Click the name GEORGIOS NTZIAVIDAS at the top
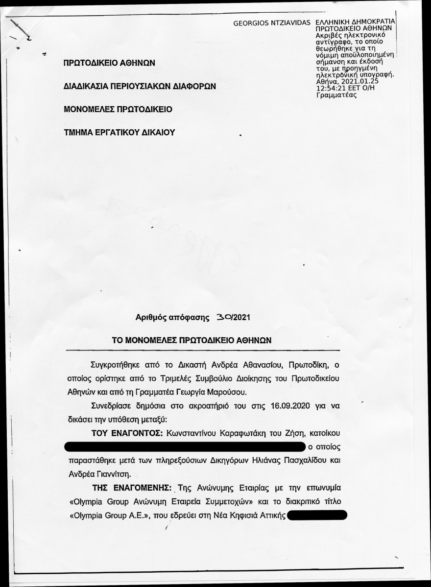(x=273, y=23)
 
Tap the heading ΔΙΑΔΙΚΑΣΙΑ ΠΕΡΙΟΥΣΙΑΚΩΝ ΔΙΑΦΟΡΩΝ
(x=140, y=86)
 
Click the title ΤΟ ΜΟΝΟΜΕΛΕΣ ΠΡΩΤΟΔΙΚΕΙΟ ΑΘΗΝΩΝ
(x=192, y=339)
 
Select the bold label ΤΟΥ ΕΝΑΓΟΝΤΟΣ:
(x=128, y=433)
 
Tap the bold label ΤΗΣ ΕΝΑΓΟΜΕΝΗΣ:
(x=131, y=489)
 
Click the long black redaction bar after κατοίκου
(x=184, y=446)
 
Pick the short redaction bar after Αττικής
(x=318, y=515)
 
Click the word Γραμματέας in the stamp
(x=336, y=95)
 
